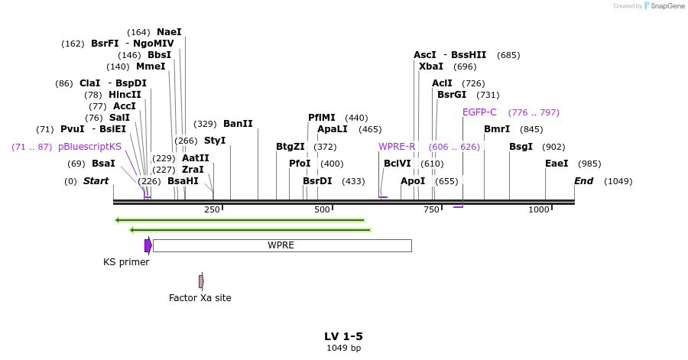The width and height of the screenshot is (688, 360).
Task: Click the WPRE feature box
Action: [x=281, y=245]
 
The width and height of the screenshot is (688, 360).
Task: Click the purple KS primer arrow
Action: [x=148, y=245]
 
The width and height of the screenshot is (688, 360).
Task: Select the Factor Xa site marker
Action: [x=201, y=281]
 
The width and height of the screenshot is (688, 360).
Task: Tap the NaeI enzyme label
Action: [x=169, y=32]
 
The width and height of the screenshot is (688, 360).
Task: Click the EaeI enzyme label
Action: [x=557, y=164]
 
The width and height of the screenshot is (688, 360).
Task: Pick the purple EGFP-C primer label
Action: [x=479, y=112]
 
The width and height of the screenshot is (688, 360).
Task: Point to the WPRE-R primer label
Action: [x=397, y=147]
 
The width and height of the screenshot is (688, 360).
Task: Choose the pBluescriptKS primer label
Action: [x=89, y=147]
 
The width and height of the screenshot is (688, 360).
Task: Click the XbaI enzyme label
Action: [x=431, y=66]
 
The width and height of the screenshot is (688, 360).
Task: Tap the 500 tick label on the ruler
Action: [x=322, y=209]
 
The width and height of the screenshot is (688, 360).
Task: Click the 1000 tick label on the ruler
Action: [x=539, y=209]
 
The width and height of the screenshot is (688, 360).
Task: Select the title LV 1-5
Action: [x=343, y=336]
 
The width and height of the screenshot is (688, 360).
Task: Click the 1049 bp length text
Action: [x=343, y=349]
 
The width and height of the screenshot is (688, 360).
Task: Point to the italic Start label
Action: [x=96, y=181]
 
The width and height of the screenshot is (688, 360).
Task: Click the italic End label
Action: [x=584, y=181]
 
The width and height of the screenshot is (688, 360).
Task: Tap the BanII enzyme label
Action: [x=238, y=124]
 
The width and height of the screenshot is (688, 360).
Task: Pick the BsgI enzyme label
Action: [x=521, y=147]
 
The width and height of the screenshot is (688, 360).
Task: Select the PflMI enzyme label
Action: [x=322, y=118]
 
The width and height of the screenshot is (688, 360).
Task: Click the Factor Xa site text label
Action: [x=200, y=298]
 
